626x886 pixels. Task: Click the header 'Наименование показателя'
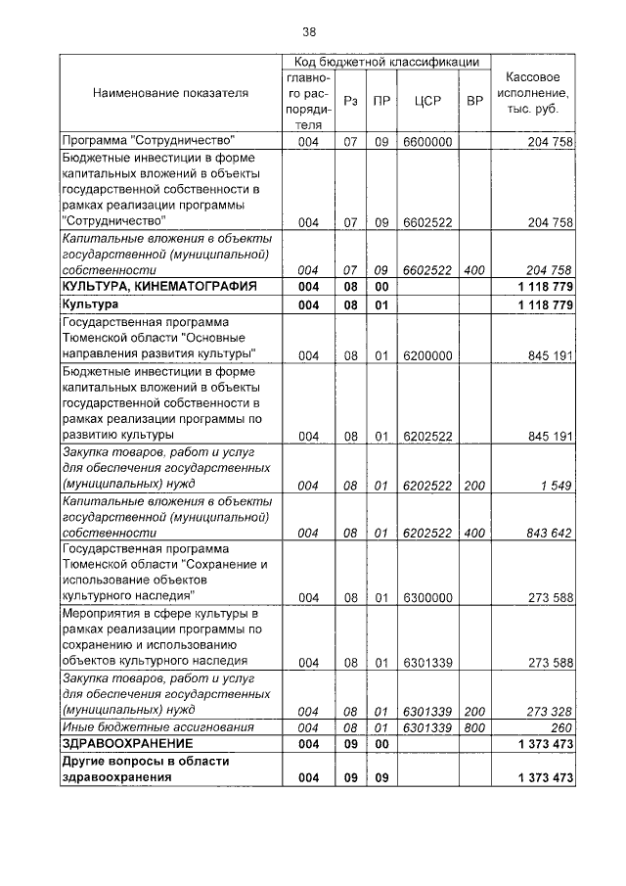pos(170,93)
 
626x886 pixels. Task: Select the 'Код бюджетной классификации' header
pos(386,62)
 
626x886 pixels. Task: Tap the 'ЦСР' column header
pos(425,101)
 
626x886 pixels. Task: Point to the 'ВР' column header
pos(474,101)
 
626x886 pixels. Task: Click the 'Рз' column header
pos(349,101)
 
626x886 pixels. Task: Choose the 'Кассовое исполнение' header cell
pos(532,93)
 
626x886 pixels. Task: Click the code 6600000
pos(426,141)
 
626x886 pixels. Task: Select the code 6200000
pos(426,355)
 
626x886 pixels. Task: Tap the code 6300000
pos(426,597)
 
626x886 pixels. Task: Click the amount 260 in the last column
pos(560,727)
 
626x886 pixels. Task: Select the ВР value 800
pos(474,727)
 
